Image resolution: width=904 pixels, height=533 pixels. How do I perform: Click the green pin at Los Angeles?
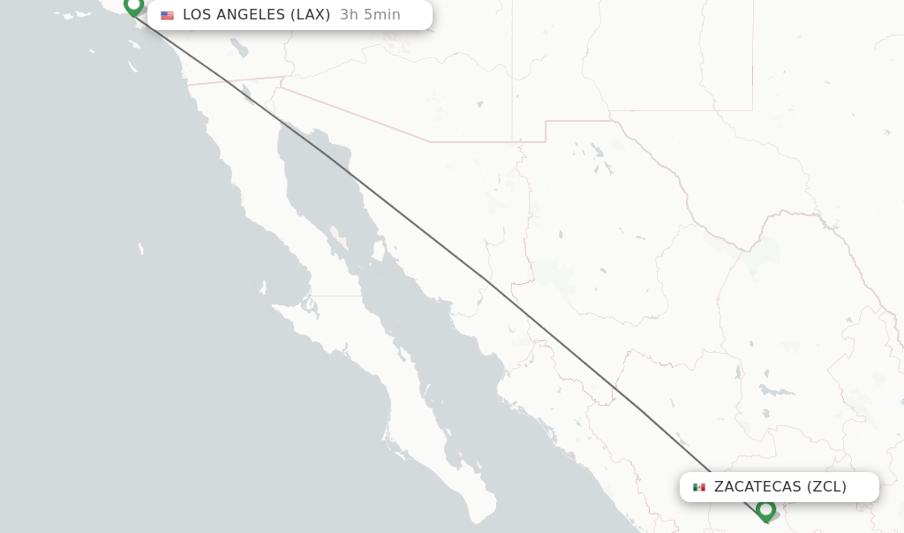point(133,6)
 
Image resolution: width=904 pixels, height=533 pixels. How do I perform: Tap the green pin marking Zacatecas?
point(765,510)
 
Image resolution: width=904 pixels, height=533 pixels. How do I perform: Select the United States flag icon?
point(167,15)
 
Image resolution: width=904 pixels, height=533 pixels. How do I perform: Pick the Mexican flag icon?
point(699,487)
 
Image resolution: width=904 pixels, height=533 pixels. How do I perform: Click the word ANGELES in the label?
point(250,15)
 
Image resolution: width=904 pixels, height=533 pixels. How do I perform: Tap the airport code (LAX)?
point(311,15)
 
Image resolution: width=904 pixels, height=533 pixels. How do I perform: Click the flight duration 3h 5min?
point(370,15)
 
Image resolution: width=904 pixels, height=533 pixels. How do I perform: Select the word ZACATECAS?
point(757,487)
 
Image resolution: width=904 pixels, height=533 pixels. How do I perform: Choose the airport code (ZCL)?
point(826,487)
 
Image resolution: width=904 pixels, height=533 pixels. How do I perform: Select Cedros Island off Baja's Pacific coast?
point(263,288)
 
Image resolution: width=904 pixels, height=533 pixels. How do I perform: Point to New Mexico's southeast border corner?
point(752,110)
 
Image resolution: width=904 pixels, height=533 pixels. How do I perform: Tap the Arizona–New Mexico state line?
point(513,71)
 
